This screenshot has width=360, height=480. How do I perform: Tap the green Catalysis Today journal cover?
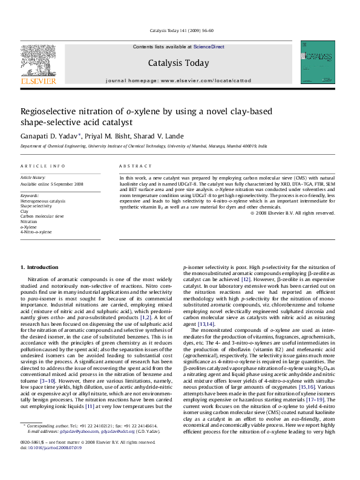point(318,62)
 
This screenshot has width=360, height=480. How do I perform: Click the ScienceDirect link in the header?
point(209,46)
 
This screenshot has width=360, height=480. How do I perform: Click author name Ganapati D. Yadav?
point(48,135)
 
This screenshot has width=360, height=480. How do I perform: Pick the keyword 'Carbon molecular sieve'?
point(42,216)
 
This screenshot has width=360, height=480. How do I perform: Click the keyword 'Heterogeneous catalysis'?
point(43,201)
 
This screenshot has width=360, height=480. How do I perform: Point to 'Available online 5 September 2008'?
point(52,184)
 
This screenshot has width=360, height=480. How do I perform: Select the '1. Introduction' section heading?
point(39,267)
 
